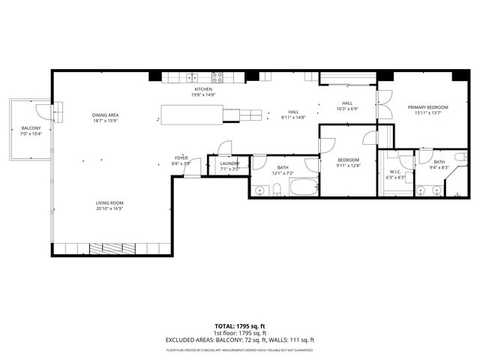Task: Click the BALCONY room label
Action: pos(31,128)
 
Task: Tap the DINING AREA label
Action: pos(106,115)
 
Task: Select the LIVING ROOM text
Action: pos(109,203)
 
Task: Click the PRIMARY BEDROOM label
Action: pos(427,107)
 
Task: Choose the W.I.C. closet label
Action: pos(397,172)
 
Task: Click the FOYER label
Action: pos(181,157)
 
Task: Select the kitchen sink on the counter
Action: pos(190,76)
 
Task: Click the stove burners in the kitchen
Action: pos(217,76)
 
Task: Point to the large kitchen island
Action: pos(190,114)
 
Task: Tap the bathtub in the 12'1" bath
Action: pos(304,187)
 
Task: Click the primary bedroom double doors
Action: pos(383,104)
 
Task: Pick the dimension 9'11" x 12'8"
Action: pos(348,166)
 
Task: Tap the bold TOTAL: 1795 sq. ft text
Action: pos(239,326)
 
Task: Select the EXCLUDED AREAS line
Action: pos(239,340)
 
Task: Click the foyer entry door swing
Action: pos(192,169)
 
